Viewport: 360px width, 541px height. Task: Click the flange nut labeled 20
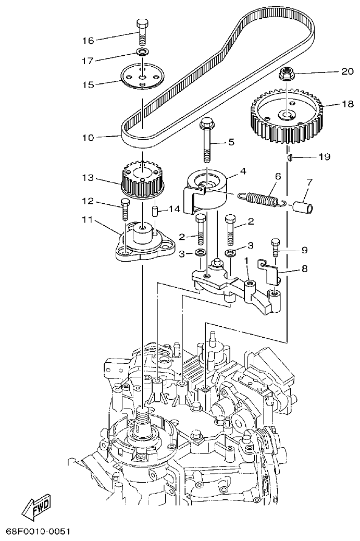click(285, 74)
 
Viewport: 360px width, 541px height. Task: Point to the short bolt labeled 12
click(125, 209)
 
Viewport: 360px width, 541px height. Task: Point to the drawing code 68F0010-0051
click(38, 532)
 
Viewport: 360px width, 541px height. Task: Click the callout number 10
click(88, 138)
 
